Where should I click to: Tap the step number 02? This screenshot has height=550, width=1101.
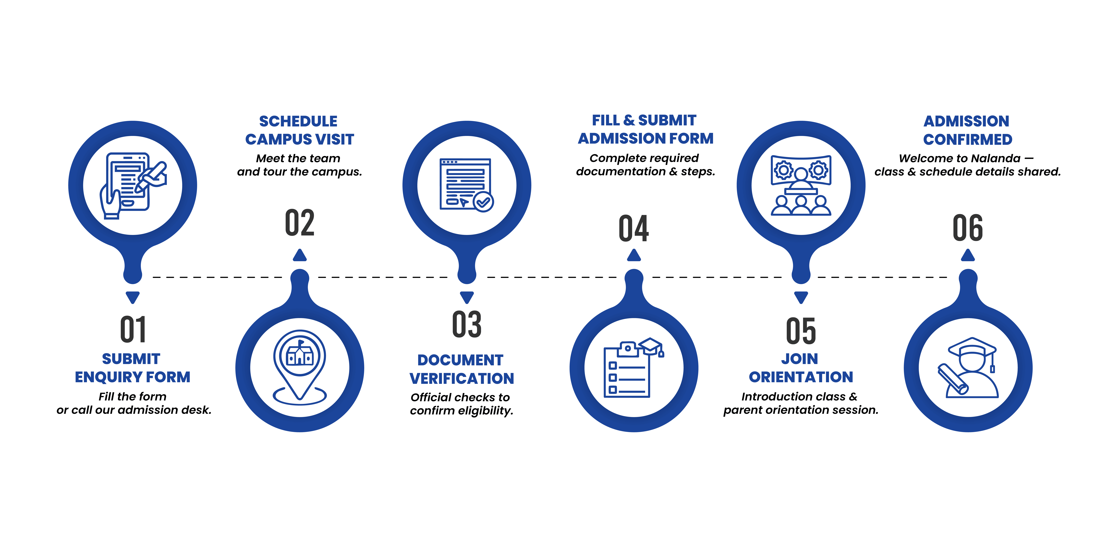300,223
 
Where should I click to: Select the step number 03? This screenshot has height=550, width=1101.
467,325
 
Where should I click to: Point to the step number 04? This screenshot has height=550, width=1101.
634,228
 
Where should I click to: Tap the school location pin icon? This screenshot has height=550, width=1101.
300,367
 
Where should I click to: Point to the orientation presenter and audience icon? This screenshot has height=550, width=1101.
801,185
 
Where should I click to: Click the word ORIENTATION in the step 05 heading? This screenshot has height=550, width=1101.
801,377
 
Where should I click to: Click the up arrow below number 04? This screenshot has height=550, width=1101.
634,255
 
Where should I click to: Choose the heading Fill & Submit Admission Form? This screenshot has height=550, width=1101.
645,129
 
